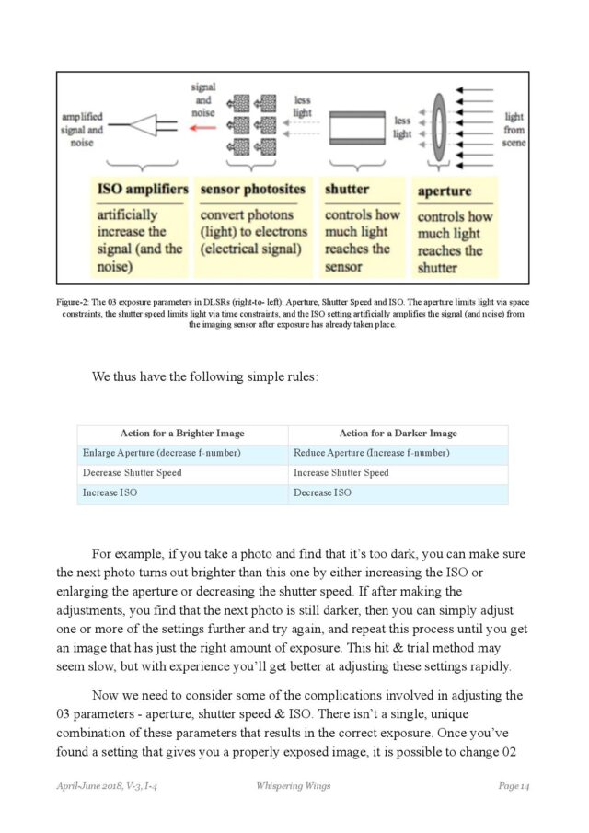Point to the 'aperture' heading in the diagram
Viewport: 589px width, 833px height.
click(x=445, y=191)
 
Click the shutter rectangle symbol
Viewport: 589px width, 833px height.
click(x=356, y=124)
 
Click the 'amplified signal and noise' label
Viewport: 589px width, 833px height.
click(x=82, y=130)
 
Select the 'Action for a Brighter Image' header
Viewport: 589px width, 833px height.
click(x=182, y=434)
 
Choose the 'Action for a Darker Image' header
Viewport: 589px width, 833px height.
click(x=398, y=434)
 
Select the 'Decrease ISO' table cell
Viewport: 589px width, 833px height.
click(x=322, y=493)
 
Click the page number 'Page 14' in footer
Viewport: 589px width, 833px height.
click(x=514, y=785)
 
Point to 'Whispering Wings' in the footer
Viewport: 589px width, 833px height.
click(x=294, y=785)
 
